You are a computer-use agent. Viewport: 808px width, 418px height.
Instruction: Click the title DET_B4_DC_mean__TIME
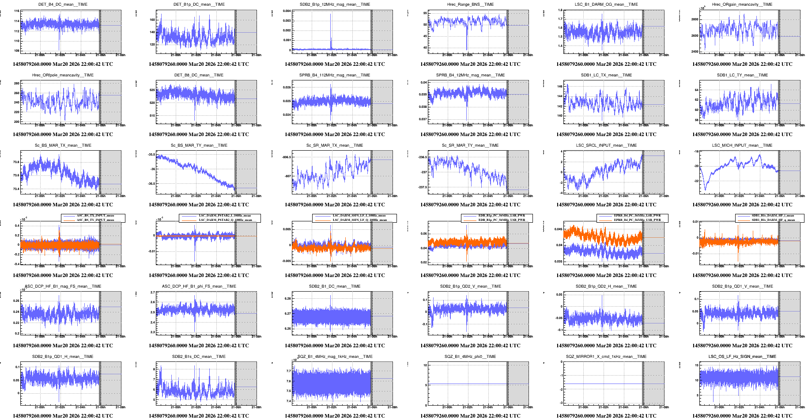pyautogui.click(x=63, y=4)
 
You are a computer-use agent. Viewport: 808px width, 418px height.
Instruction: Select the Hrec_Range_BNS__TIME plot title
pyautogui.click(x=470, y=4)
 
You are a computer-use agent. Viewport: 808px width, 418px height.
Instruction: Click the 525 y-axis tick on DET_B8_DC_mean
pyautogui.click(x=152, y=90)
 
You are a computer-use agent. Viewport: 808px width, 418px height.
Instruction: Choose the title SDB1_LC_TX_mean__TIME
pyautogui.click(x=606, y=75)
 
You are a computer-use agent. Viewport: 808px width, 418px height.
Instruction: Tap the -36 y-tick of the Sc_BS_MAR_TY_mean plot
pyautogui.click(x=152, y=169)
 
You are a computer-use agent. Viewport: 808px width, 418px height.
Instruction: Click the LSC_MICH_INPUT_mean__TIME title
pyautogui.click(x=742, y=145)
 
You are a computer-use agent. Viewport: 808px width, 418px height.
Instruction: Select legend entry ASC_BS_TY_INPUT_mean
pyautogui.click(x=95, y=220)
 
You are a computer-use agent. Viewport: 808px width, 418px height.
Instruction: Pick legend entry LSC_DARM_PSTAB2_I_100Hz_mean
pyautogui.click(x=224, y=216)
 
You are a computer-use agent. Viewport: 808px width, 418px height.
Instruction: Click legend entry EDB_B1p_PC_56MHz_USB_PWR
pyautogui.click(x=502, y=220)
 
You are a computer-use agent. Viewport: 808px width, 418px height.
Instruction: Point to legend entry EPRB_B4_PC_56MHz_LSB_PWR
pyautogui.click(x=637, y=216)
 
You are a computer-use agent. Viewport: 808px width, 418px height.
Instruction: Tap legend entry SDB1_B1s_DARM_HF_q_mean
pyautogui.click(x=773, y=220)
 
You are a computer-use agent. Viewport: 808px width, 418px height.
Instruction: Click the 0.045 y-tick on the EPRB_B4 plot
pyautogui.click(x=558, y=229)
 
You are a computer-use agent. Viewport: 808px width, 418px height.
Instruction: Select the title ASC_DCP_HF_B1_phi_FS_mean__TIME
pyautogui.click(x=199, y=286)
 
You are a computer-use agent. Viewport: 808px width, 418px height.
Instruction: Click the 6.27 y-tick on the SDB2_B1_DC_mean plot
pyautogui.click(x=287, y=314)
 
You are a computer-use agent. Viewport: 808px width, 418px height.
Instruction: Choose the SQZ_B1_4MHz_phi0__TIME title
pyautogui.click(x=470, y=357)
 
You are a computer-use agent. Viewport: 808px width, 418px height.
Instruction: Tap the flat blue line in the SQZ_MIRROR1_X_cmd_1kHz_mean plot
pyautogui.click(x=600, y=384)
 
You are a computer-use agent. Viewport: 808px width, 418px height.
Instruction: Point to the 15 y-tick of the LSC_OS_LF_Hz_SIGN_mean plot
pyautogui.click(x=696, y=365)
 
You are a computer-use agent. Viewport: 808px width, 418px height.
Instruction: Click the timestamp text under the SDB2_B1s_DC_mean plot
pyautogui.click(x=199, y=416)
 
